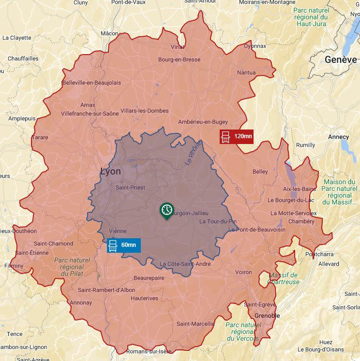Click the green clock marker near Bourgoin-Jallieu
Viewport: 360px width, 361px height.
click(166, 210)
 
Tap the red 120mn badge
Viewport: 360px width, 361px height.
click(237, 137)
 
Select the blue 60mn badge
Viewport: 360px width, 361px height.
click(124, 245)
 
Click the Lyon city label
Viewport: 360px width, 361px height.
click(111, 172)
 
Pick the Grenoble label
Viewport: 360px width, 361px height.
click(267, 316)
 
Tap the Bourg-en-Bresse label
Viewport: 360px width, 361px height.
click(179, 60)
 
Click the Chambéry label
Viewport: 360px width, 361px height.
click(301, 222)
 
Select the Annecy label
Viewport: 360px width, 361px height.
click(338, 137)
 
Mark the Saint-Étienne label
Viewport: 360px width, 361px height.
click(32, 253)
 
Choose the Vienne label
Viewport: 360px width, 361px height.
click(118, 231)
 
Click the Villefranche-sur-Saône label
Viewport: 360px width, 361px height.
click(90, 114)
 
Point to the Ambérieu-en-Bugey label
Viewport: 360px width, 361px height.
click(203, 122)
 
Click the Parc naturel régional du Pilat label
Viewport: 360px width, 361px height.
click(72, 267)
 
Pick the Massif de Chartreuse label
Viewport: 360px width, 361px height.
click(284, 278)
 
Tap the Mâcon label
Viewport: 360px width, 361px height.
click(109, 33)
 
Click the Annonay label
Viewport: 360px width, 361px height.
click(81, 303)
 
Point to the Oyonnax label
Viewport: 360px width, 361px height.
click(255, 46)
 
